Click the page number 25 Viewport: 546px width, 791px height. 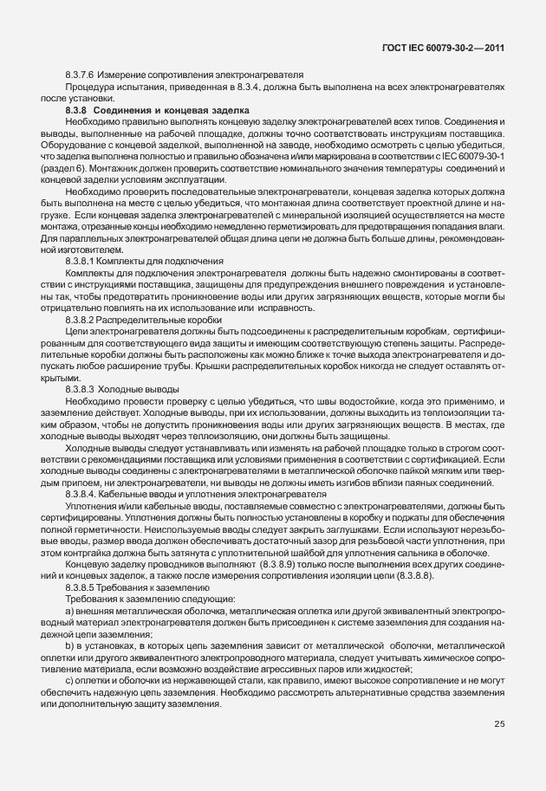[499, 724]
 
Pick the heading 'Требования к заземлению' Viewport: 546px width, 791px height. [151, 587]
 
